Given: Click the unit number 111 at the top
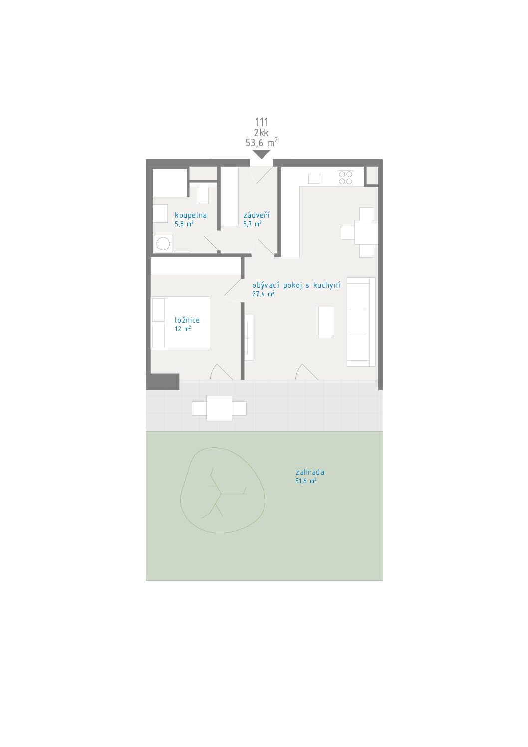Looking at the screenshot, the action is pyautogui.click(x=262, y=122).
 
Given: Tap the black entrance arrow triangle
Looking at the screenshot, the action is pyautogui.click(x=261, y=154).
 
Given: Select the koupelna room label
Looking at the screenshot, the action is pyautogui.click(x=191, y=215).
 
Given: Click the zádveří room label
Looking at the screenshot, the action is pyautogui.click(x=257, y=215).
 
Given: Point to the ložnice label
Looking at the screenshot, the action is pyautogui.click(x=187, y=320).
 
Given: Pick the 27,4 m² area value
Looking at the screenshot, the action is pyautogui.click(x=263, y=294).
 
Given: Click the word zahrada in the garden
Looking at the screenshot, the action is pyautogui.click(x=309, y=472).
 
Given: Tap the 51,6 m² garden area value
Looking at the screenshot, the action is pyautogui.click(x=305, y=481).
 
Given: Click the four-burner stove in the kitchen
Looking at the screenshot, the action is pyautogui.click(x=345, y=178).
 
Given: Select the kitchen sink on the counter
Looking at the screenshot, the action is pyautogui.click(x=314, y=179).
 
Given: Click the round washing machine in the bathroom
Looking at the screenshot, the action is pyautogui.click(x=163, y=243).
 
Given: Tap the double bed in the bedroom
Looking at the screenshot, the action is pyautogui.click(x=181, y=323).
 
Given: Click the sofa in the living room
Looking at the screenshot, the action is pyautogui.click(x=361, y=322).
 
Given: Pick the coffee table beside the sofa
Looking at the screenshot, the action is pyautogui.click(x=325, y=322).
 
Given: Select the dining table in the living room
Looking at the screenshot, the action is pyautogui.click(x=366, y=233).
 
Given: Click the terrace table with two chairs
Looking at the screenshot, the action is pyautogui.click(x=219, y=408).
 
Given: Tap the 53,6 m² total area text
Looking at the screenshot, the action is pyautogui.click(x=262, y=142).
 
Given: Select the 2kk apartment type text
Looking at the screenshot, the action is pyautogui.click(x=261, y=132).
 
